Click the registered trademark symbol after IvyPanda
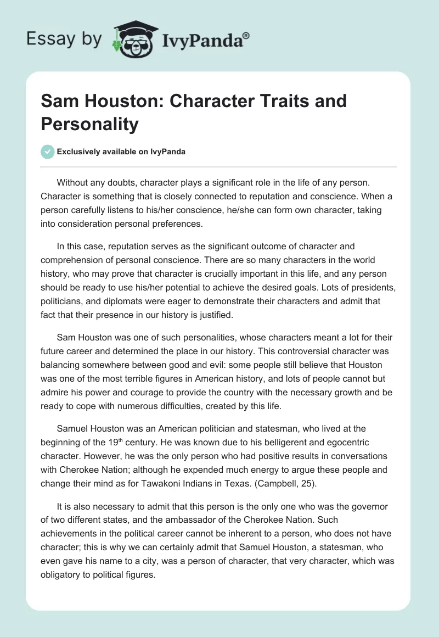click(246, 36)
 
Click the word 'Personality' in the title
click(90, 124)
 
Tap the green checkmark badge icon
click(48, 152)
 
